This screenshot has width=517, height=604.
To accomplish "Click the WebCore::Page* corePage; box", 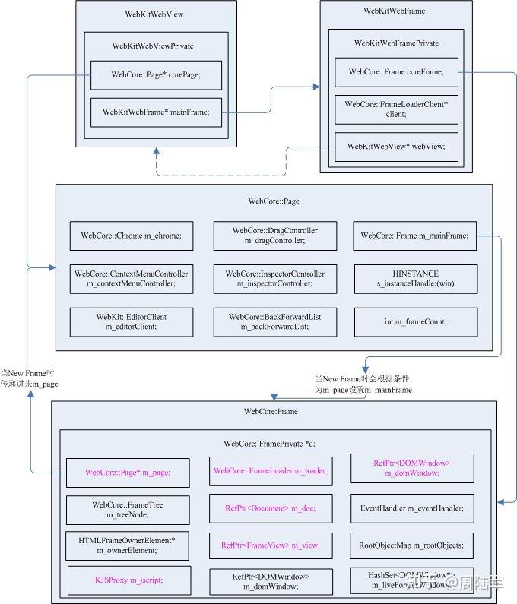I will (x=156, y=74).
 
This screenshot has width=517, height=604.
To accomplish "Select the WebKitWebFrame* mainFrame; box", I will (x=156, y=113).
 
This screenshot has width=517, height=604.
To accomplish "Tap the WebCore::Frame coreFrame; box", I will (x=396, y=71).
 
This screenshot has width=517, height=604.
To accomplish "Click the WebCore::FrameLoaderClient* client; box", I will (x=396, y=109).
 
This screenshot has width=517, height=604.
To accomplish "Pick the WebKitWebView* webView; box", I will (x=396, y=146).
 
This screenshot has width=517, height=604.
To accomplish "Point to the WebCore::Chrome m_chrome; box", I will (x=132, y=236).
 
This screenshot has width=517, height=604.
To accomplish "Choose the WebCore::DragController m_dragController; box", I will (x=274, y=236).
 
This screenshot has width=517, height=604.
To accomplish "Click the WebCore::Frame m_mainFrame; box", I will (x=414, y=236).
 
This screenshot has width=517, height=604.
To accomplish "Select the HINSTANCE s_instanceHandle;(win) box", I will (x=414, y=278).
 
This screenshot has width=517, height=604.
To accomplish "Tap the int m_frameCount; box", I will (x=414, y=321).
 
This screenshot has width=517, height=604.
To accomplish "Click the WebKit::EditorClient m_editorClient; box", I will (x=132, y=321).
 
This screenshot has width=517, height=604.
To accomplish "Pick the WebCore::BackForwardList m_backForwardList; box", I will (x=274, y=321).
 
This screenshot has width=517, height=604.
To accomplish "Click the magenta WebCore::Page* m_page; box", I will (x=127, y=472).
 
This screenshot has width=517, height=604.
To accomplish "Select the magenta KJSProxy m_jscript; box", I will (x=127, y=580).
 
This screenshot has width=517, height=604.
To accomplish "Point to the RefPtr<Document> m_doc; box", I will (x=270, y=508).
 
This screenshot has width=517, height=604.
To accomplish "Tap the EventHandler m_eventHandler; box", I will (x=411, y=508).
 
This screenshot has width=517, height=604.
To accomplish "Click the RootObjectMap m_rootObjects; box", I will (x=411, y=545).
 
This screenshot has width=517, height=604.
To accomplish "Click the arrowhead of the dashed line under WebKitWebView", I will (x=156, y=152).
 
